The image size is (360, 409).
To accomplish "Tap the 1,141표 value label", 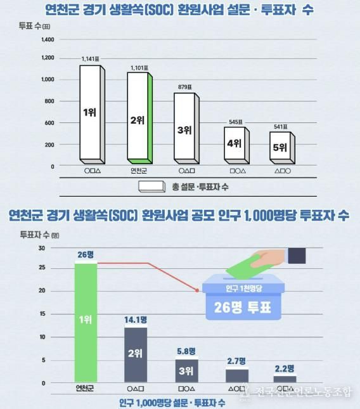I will click(91, 59).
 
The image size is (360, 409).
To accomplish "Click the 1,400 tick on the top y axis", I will click(47, 39).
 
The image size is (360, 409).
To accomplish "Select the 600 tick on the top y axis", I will click(49, 123).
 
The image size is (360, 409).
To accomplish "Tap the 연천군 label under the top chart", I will click(138, 171).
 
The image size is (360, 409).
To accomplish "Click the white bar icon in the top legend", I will click(151, 186).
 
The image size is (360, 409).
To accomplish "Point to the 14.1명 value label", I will click(136, 320).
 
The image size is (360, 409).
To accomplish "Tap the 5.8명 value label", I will click(187, 351).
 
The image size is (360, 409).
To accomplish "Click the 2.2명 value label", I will click(285, 368).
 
